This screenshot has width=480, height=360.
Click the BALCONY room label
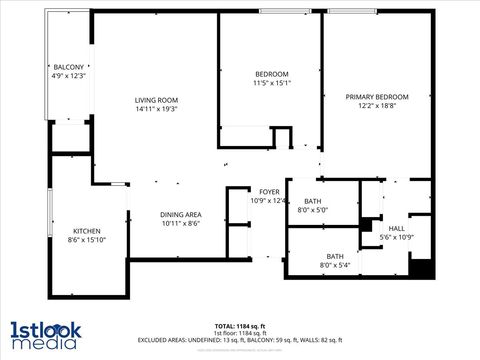point(69,66)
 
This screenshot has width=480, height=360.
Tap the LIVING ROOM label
point(157,100)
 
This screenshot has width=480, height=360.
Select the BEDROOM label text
point(271,75)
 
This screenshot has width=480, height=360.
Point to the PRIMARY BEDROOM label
point(379,97)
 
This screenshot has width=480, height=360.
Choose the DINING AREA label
point(181,215)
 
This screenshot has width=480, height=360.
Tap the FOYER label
point(269,192)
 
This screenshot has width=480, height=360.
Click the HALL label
point(397,228)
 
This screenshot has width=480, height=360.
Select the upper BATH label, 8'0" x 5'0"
point(312,201)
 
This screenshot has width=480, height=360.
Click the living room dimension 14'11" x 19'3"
point(157,109)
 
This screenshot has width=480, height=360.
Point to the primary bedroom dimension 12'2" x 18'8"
point(379,106)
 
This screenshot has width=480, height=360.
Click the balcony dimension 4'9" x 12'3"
point(69,75)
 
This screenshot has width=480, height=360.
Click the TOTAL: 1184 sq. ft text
point(239,326)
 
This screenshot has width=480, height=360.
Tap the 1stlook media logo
point(46,335)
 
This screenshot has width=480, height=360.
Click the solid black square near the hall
point(421,269)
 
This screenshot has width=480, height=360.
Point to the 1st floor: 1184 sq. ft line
point(239,333)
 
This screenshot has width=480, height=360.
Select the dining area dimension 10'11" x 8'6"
point(181,224)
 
